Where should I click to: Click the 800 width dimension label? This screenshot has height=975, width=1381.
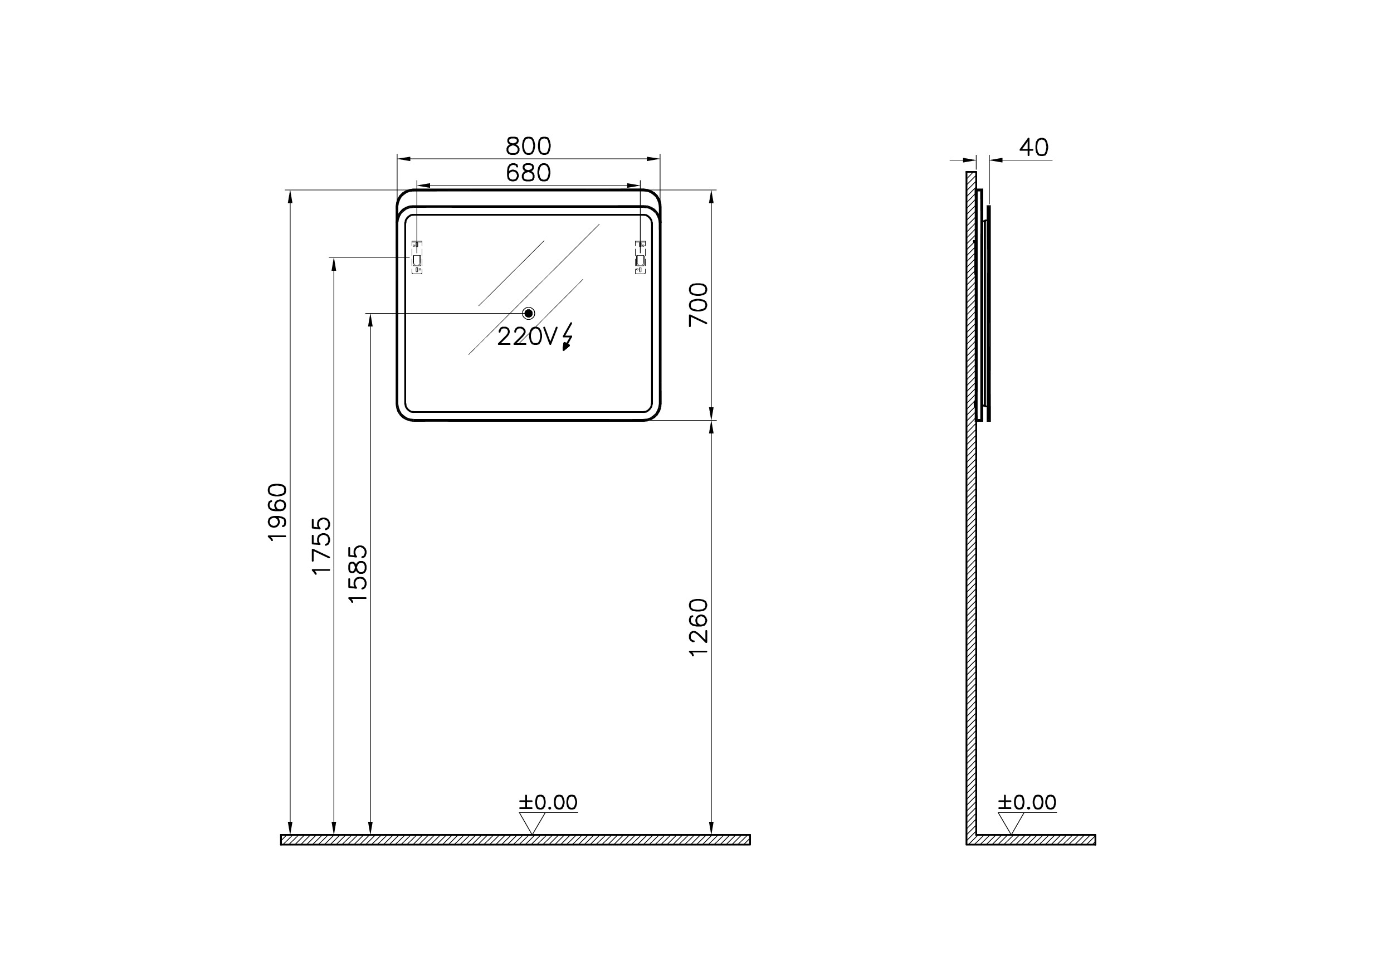click(x=528, y=146)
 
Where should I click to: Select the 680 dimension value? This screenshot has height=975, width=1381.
click(x=528, y=173)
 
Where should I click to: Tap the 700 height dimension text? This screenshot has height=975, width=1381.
click(x=699, y=304)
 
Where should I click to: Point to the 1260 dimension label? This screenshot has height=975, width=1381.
click(x=699, y=627)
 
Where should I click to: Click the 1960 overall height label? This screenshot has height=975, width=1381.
click(x=278, y=512)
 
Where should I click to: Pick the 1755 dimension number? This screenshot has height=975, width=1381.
click(x=322, y=545)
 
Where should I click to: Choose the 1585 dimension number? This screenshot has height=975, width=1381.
click(x=358, y=573)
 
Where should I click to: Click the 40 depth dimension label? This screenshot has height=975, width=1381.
click(x=1034, y=147)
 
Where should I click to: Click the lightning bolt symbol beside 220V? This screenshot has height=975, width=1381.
click(x=567, y=337)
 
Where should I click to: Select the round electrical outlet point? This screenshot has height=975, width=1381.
click(x=529, y=313)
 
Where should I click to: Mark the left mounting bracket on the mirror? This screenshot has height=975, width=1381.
click(x=417, y=257)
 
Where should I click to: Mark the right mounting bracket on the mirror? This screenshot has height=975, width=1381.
click(x=641, y=257)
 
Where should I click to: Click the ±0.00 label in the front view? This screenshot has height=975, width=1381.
click(x=548, y=802)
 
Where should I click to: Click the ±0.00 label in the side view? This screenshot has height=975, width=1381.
click(x=1027, y=802)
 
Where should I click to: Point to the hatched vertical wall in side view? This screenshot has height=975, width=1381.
click(x=971, y=542)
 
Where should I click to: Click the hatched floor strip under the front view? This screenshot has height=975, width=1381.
click(x=515, y=840)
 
